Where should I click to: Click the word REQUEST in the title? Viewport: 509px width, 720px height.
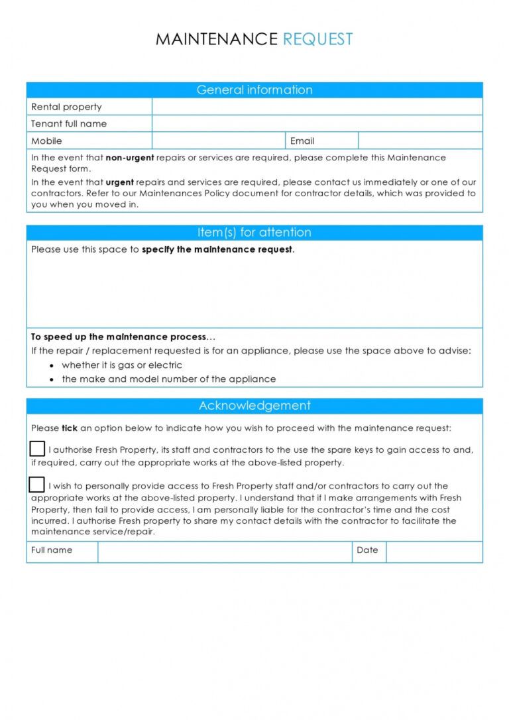[317, 39]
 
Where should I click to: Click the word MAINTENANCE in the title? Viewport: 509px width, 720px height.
[216, 39]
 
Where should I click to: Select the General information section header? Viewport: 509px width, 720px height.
[254, 90]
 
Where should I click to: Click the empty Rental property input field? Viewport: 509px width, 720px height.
[317, 107]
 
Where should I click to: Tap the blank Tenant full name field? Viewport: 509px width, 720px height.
[317, 124]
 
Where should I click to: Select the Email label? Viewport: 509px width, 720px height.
[302, 141]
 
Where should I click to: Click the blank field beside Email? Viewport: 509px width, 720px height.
[420, 141]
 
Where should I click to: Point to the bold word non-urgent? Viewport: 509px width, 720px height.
[130, 158]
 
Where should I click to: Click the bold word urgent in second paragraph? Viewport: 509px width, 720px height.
[119, 182]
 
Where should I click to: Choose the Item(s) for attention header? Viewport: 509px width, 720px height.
[254, 233]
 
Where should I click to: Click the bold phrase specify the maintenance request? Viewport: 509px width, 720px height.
[217, 250]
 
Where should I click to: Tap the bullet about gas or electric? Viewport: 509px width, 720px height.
[122, 365]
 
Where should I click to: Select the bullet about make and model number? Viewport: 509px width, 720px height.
[168, 379]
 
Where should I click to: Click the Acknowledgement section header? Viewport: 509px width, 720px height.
[254, 406]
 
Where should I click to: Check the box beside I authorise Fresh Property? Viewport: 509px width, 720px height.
[37, 449]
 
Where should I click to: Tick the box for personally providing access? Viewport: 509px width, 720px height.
[37, 485]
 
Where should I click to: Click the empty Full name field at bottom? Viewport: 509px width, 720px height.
[225, 552]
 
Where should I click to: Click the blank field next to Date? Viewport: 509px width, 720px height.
[434, 552]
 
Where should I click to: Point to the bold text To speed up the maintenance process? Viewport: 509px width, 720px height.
[123, 337]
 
